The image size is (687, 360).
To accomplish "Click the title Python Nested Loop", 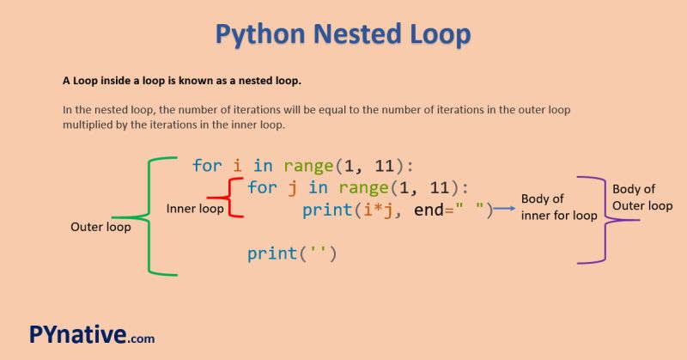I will click(x=343, y=34).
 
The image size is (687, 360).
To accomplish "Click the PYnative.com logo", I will click(x=91, y=334).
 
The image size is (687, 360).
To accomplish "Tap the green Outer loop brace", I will click(x=150, y=217).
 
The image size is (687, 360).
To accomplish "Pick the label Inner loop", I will click(x=195, y=209).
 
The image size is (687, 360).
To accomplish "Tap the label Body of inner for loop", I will click(x=559, y=208).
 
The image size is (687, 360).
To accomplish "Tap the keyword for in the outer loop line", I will click(x=207, y=165).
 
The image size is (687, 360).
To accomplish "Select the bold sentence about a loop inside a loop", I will click(x=181, y=82).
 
